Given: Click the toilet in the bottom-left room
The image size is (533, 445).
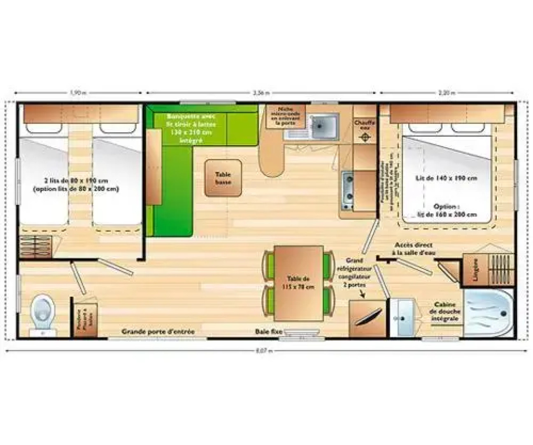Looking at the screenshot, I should [x=43, y=313].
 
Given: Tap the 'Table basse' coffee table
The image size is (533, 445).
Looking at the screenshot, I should [x=223, y=178].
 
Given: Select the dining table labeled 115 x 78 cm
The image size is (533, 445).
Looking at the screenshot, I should [x=298, y=283].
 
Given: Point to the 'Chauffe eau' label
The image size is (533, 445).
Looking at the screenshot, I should [x=365, y=125].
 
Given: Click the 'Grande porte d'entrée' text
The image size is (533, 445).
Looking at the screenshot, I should [x=158, y=332].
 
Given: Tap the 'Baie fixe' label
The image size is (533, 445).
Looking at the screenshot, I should [x=268, y=332].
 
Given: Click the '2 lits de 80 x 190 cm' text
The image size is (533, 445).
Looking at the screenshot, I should [x=76, y=181].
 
